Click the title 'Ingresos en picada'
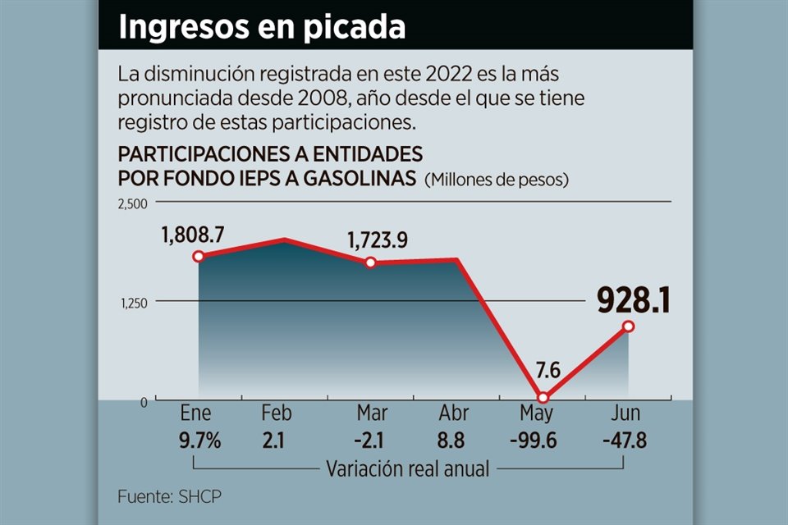click(x=262, y=26)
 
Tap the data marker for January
click(x=198, y=257)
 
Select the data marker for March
click(x=370, y=262)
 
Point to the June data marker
click(x=628, y=326)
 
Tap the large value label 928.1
click(x=633, y=301)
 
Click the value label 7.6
click(x=547, y=371)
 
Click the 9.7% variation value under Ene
click(x=199, y=441)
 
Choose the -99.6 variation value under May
click(x=533, y=441)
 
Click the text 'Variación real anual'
click(x=408, y=469)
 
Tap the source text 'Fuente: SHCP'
click(x=170, y=496)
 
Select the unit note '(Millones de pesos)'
click(x=497, y=179)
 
